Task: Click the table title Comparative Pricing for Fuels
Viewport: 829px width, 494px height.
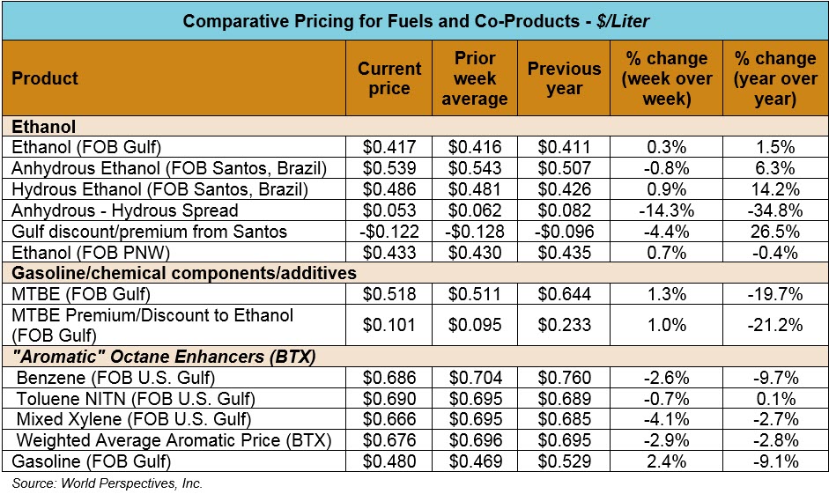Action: tap(414, 20)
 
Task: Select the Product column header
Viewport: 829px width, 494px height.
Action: tap(45, 78)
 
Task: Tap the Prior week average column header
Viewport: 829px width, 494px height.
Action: tap(475, 78)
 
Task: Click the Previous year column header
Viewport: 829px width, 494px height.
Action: tap(564, 78)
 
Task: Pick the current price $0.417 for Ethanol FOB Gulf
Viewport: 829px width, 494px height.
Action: tap(389, 147)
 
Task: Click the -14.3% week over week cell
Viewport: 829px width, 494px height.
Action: tap(667, 211)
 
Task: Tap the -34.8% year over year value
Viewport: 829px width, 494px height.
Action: tap(775, 211)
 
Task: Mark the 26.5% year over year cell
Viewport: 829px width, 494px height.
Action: tap(775, 232)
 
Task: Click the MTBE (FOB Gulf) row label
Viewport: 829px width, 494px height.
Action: tap(70, 294)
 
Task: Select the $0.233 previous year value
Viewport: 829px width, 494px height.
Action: tap(564, 324)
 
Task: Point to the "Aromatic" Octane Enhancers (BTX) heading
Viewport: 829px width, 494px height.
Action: tap(164, 357)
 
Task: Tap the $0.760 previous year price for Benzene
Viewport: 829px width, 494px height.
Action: tap(564, 377)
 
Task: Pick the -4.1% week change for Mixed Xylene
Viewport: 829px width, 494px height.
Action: tap(667, 418)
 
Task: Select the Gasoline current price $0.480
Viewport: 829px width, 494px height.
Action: tap(389, 461)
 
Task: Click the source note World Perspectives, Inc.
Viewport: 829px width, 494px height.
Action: tap(107, 483)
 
